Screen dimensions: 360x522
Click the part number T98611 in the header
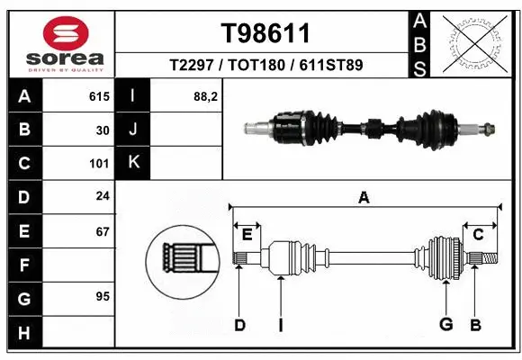coord(265,33)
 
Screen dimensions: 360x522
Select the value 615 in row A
coord(99,96)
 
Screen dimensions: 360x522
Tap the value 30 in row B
coord(103,130)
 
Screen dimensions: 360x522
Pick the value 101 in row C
coord(99,164)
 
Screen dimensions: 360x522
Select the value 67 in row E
coord(103,231)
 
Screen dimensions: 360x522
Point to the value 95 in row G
coord(103,296)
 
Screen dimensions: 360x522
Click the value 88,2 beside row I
coord(206,96)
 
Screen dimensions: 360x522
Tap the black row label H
coord(23,332)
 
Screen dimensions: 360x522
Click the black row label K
coord(134,163)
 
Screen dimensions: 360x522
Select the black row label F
coord(23,265)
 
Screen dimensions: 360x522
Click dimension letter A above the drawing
coord(364,198)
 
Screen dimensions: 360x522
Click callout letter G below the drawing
coord(445,324)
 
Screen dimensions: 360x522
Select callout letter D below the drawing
coord(239,324)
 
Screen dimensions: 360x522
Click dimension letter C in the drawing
coord(478,235)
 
